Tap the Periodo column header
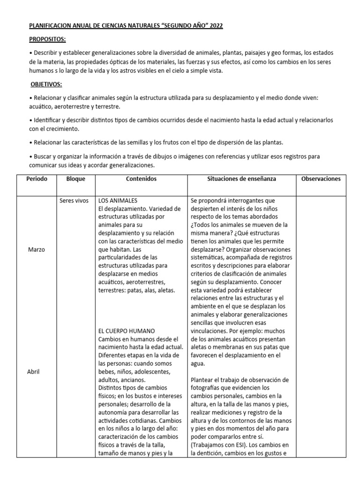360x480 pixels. (37, 179)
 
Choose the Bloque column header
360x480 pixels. (75, 179)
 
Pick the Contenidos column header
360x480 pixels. (141, 179)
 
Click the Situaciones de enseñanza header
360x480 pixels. (241, 179)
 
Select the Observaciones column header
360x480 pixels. (321, 179)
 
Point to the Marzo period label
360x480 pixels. (37, 249)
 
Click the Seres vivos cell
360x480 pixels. (74, 201)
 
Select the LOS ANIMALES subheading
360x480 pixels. (118, 201)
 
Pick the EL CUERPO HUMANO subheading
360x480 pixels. (127, 331)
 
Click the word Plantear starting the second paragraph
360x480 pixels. (205, 380)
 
